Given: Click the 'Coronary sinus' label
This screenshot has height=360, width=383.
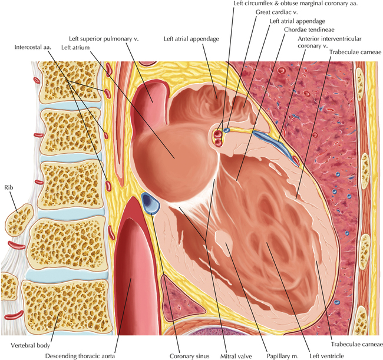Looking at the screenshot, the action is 189,356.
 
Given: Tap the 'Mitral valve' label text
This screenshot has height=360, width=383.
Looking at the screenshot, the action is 236,356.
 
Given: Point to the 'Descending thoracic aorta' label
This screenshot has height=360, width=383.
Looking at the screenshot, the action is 80,356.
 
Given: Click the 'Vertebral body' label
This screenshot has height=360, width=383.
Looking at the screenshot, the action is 30,346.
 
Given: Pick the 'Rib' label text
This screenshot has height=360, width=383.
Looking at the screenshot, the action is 9,187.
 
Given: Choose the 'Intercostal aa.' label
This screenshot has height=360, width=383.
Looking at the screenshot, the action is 33,47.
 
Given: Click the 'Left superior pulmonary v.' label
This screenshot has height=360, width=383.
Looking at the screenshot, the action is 104,38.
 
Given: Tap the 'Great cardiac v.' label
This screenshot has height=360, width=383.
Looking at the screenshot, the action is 276,12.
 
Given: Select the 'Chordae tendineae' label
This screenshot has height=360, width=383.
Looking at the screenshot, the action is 309,29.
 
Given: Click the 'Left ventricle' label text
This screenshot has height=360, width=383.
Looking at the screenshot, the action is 326,356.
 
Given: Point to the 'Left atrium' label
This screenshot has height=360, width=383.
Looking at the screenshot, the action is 75,47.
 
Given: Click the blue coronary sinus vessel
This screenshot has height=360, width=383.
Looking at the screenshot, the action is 150,203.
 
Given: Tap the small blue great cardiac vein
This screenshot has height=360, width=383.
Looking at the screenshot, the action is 227,130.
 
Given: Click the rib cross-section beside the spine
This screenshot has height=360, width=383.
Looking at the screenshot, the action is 19,220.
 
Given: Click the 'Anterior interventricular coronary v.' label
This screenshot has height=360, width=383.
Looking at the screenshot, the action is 329,42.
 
